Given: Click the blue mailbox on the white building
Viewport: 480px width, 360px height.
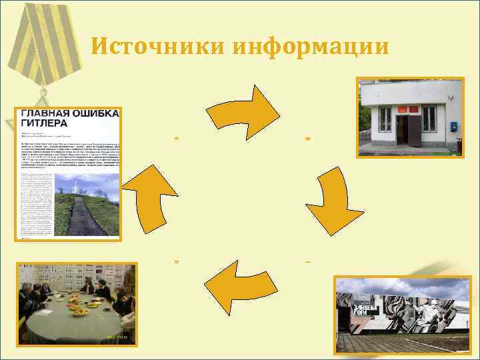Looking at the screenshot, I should point(454,125).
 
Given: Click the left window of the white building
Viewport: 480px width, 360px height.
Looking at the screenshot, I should point(385,118).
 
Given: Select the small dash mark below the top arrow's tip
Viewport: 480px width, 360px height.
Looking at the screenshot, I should point(307,138).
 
